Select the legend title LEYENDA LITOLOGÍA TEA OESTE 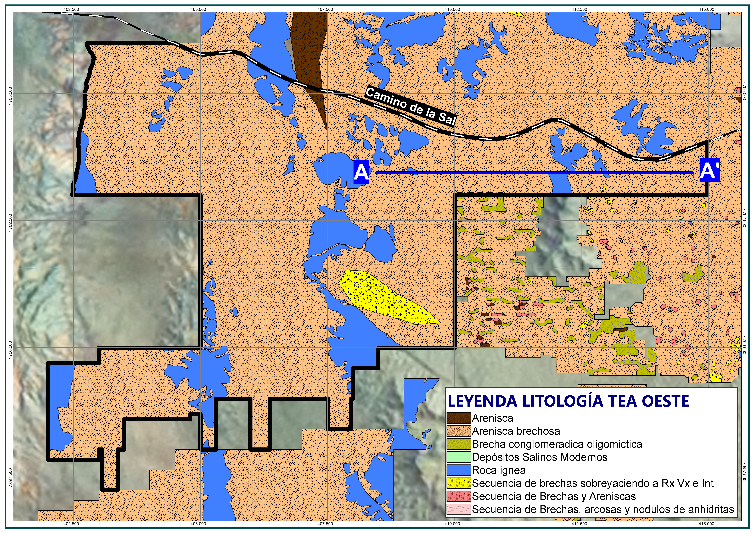[568, 401]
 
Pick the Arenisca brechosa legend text [516, 431]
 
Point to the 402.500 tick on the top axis [71, 9]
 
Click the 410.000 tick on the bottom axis [452, 524]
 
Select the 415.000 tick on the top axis [706, 9]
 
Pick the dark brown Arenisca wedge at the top [309, 49]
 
